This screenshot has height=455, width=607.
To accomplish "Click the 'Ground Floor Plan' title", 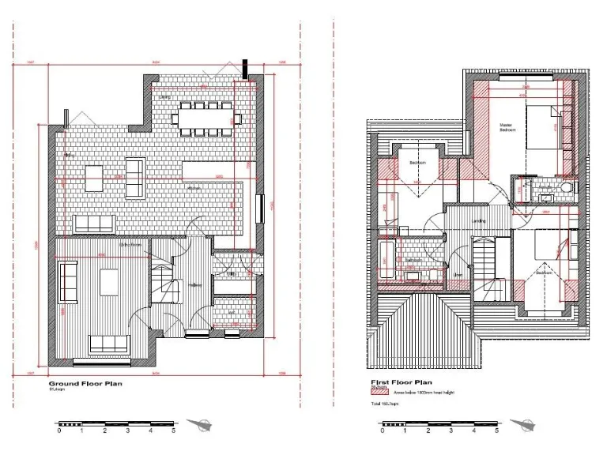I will coord(85,384).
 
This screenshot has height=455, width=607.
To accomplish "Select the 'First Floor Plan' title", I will coord(402,382).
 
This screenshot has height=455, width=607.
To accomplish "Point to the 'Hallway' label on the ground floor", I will coord(194,285).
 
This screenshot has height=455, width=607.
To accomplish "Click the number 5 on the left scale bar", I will coord(173,431).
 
